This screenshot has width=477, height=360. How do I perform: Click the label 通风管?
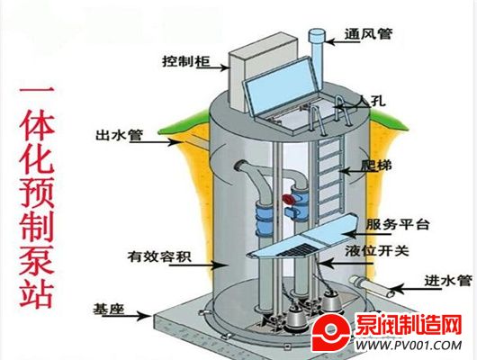click(x=368, y=34)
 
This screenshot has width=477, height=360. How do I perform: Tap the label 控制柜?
click(x=186, y=61)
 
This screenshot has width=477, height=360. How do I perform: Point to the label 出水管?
click(x=119, y=135)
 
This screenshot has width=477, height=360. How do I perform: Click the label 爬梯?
click(x=376, y=166)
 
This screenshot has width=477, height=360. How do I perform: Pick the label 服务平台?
click(x=398, y=225)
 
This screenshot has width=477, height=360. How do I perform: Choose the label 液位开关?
click(x=377, y=251)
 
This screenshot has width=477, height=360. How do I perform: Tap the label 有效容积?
click(x=159, y=256)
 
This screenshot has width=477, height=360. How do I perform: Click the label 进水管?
click(x=448, y=280)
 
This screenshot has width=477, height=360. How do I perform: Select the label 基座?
click(x=109, y=309)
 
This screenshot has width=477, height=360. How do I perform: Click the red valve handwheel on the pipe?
click(x=289, y=199)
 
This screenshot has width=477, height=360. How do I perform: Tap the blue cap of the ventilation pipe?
click(x=318, y=36)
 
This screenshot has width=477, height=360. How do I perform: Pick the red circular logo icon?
click(x=331, y=333)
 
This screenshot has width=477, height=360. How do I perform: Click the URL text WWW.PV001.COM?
click(x=409, y=346)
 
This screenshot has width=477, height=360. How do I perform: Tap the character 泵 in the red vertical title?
click(x=37, y=256)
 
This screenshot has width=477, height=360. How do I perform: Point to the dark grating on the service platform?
click(x=298, y=250)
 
